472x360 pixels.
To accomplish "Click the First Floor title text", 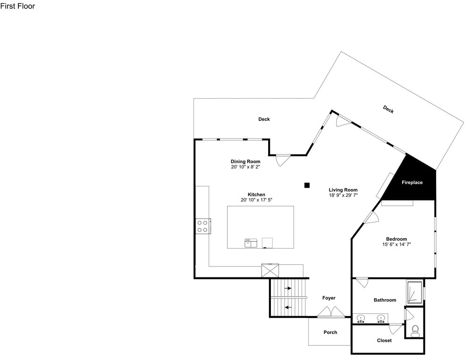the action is tap(17, 6).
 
